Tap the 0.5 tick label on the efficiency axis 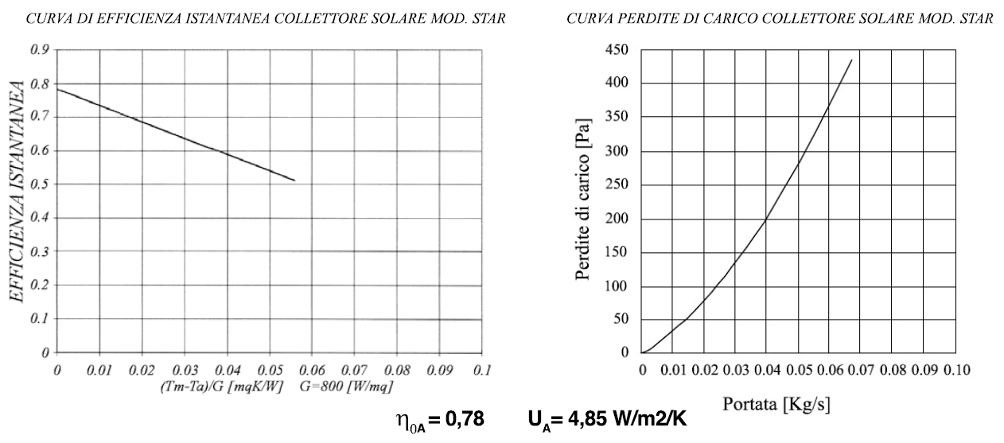(39, 185)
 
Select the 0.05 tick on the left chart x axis (269, 371)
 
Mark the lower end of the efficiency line (295, 181)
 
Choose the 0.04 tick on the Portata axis (766, 369)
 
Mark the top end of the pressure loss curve (851, 60)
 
